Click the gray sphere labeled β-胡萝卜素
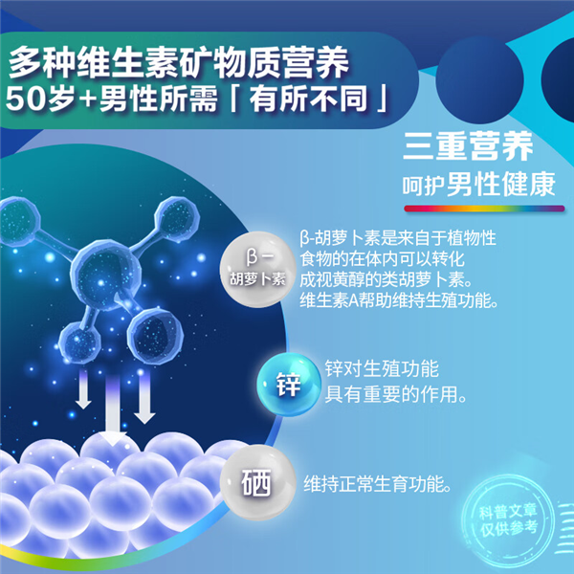(257, 269)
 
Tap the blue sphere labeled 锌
(289, 385)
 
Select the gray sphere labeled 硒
(257, 482)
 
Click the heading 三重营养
(468, 146)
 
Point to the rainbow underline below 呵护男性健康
(484, 209)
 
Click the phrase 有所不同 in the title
(308, 99)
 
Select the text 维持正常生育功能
(377, 484)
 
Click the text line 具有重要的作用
(395, 394)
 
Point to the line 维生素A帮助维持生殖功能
(399, 300)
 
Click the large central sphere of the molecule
(106, 275)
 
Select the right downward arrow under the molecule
(144, 397)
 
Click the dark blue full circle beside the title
(480, 80)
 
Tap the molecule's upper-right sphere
(177, 217)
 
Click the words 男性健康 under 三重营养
(501, 184)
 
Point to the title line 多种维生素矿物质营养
(179, 62)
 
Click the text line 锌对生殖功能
(382, 368)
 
